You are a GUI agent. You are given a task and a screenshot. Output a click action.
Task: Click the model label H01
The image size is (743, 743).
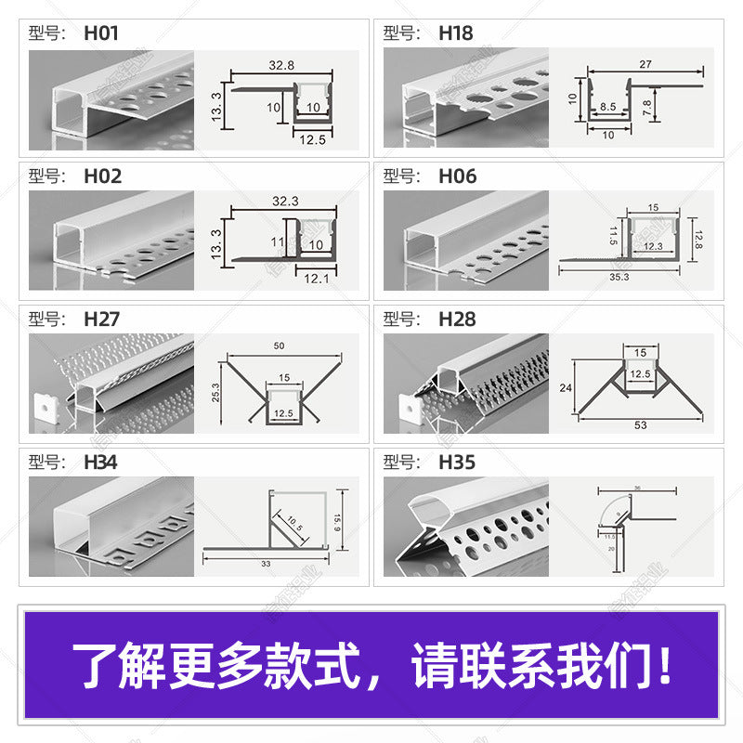pos(101,33)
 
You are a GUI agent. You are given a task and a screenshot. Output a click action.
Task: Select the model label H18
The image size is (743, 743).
pos(455,33)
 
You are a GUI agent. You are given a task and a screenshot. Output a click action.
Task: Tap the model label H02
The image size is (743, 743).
pos(102,176)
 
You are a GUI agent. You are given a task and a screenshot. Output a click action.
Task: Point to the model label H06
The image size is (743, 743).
pos(457,176)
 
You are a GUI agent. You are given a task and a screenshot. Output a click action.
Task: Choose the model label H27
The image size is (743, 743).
pos(101,319)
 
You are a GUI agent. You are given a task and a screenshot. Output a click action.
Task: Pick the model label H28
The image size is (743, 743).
pos(457,319)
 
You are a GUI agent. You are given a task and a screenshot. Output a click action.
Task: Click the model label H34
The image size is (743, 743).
pos(100,462)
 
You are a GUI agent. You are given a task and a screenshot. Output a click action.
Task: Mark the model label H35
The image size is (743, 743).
pos(457,462)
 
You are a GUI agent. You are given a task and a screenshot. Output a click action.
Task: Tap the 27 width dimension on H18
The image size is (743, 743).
pos(645,64)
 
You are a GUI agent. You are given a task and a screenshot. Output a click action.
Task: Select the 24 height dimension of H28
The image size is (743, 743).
pos(564,389)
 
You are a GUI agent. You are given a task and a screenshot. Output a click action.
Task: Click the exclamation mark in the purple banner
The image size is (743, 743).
pos(664,666)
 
